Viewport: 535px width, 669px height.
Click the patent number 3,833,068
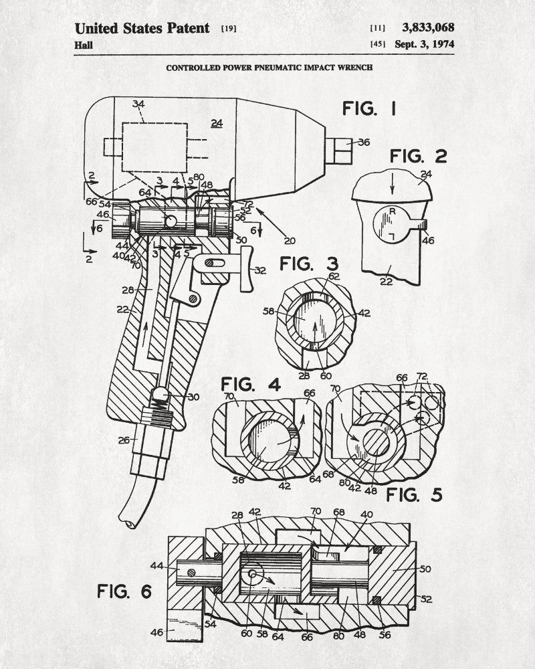click(428, 27)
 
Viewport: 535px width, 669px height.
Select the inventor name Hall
click(84, 45)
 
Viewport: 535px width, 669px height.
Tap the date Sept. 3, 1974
click(425, 44)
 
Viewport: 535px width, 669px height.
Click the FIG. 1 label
click(369, 108)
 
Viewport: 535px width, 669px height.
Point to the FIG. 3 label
click(309, 264)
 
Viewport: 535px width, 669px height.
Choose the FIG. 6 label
click(124, 591)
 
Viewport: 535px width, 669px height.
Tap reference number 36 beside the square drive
click(364, 142)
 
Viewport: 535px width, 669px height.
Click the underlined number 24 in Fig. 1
click(217, 123)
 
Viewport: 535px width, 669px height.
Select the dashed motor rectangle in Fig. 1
click(155, 147)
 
